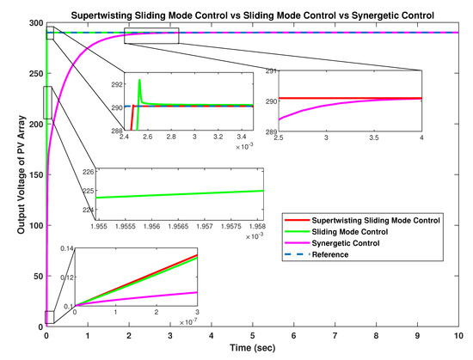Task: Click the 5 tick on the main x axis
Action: (x=253, y=333)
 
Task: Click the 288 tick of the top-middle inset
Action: (x=116, y=131)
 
